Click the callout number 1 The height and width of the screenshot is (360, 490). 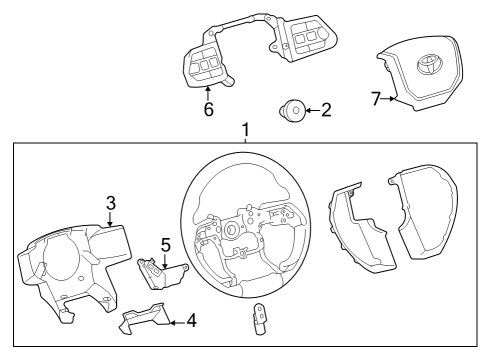pyautogui.click(x=244, y=131)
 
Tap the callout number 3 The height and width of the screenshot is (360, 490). pyautogui.click(x=110, y=204)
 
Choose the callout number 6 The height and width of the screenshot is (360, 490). pyautogui.click(x=208, y=110)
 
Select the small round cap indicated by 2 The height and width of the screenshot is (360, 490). pyautogui.click(x=295, y=109)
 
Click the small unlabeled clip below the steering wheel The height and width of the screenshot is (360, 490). pyautogui.click(x=259, y=320)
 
